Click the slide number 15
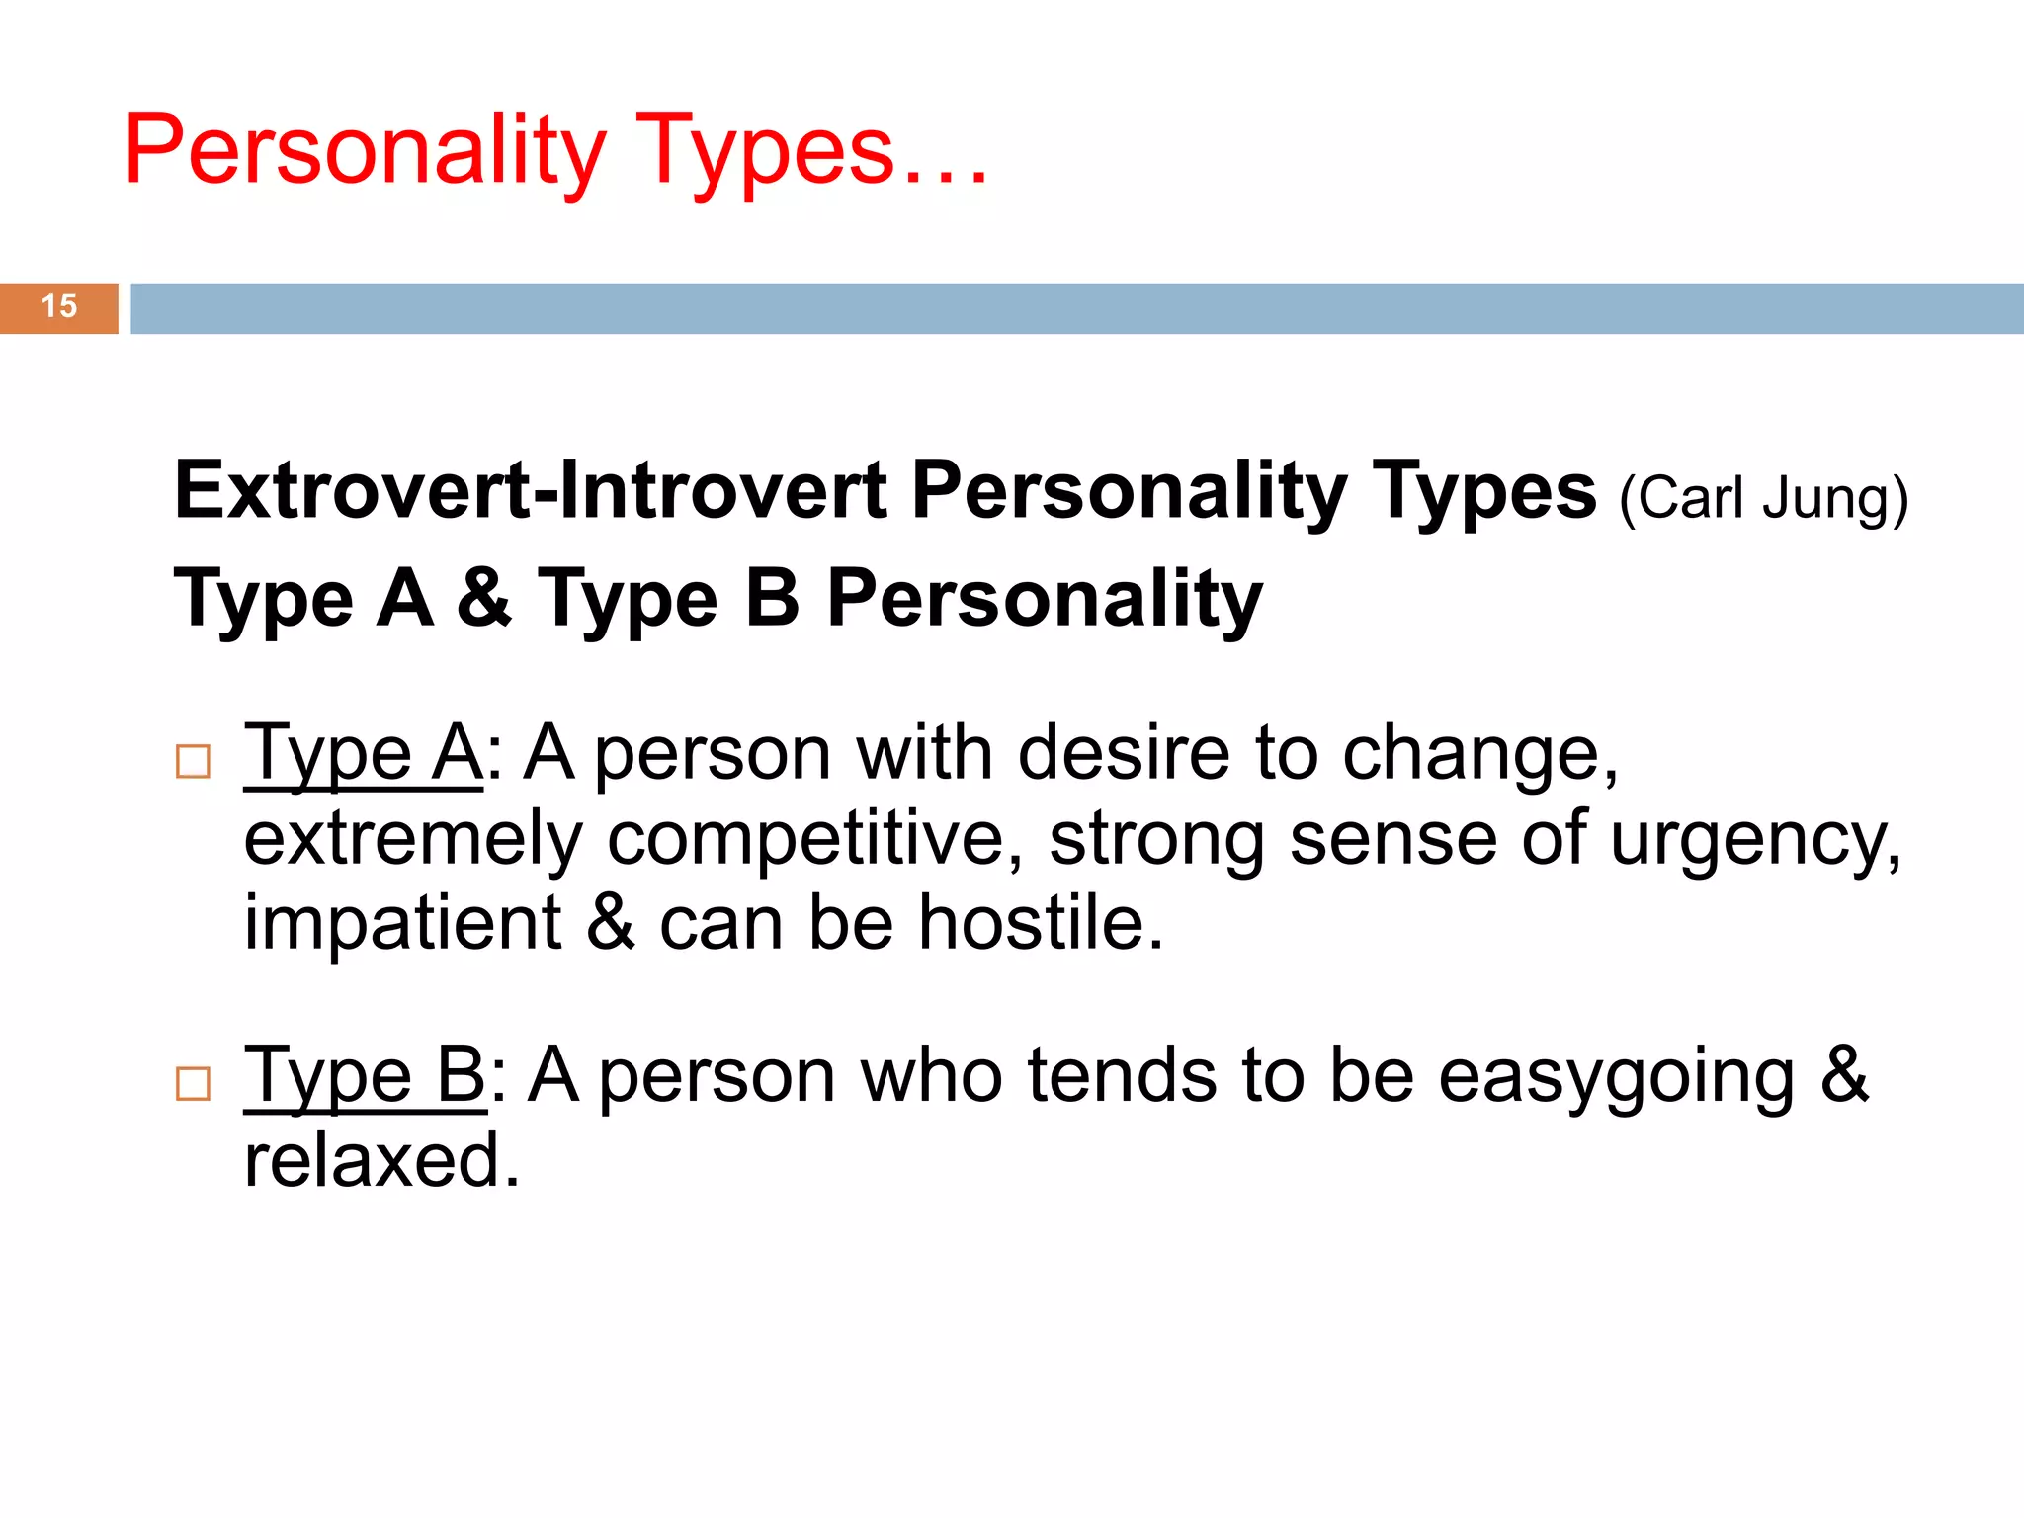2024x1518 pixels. click(x=59, y=306)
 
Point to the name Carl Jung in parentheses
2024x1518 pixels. click(x=1763, y=498)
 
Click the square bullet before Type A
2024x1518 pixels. click(x=193, y=762)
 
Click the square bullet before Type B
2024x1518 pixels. click(x=193, y=1084)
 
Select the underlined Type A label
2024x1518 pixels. click(x=363, y=755)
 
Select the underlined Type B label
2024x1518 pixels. click(x=365, y=1077)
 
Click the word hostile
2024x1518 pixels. click(x=1041, y=923)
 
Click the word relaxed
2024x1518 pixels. click(x=380, y=1160)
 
